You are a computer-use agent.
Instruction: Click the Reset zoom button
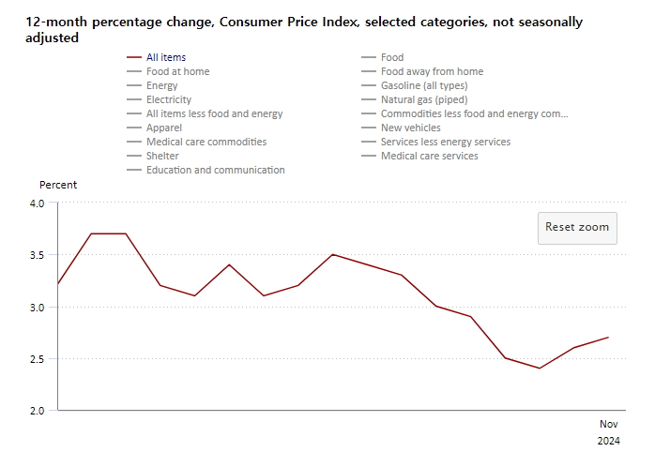click(577, 228)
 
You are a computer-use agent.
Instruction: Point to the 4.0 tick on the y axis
click(38, 203)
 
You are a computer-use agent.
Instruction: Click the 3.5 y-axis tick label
click(38, 255)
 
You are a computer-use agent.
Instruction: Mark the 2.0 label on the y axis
click(38, 411)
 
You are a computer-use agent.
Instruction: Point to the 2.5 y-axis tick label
click(38, 359)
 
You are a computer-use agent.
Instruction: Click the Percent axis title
click(58, 185)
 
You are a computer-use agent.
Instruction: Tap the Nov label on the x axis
click(608, 424)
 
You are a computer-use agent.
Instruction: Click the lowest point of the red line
click(540, 369)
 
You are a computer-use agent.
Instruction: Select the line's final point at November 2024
click(608, 338)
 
